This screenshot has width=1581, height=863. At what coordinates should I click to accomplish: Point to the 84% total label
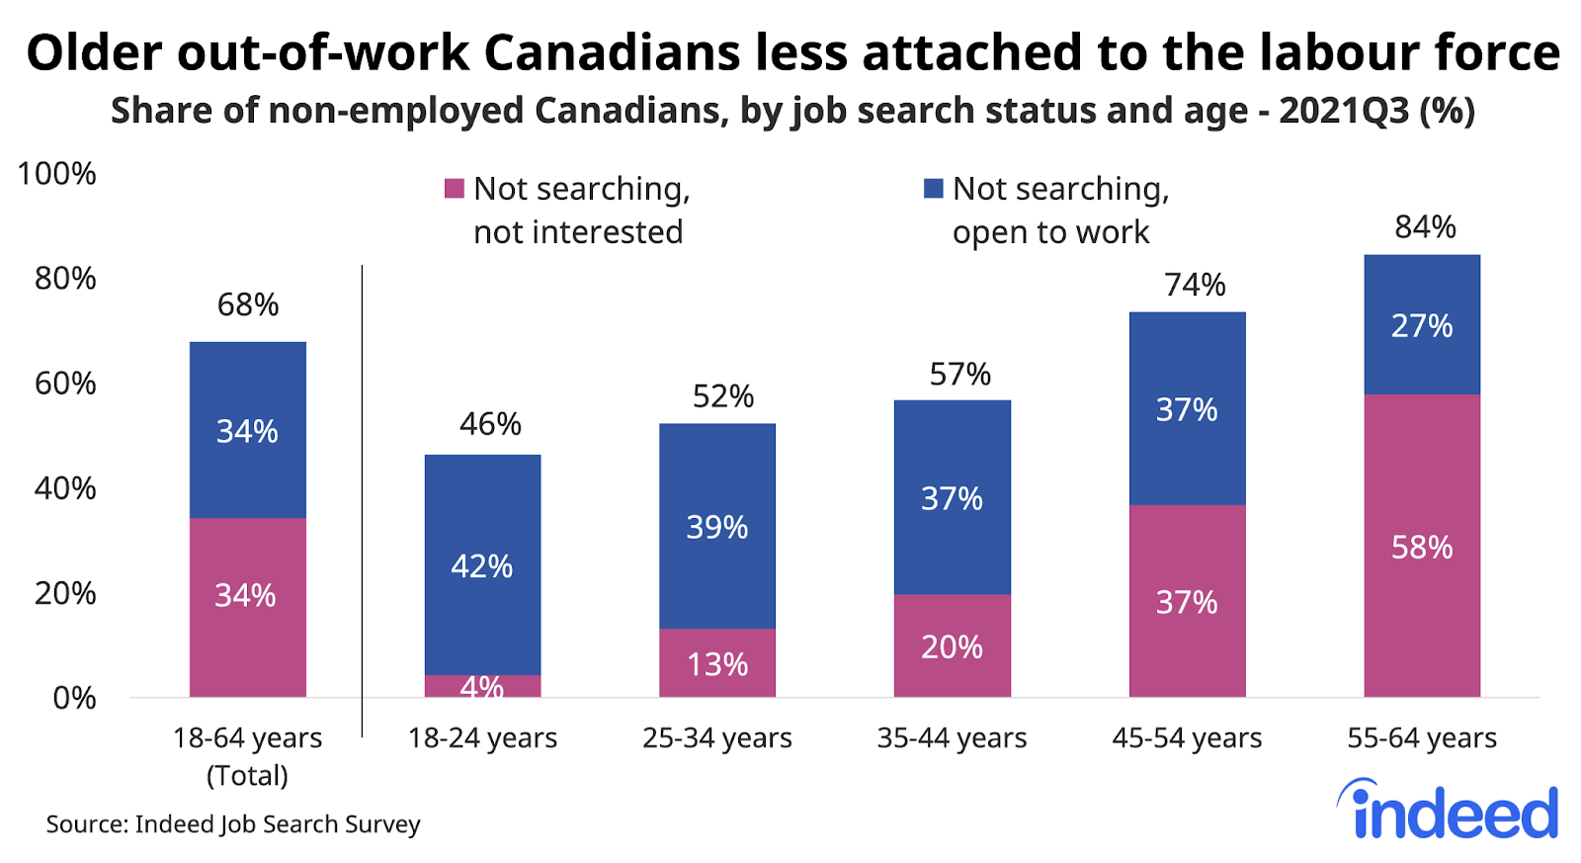tap(1425, 227)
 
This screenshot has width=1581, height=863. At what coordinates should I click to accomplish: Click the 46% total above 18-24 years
tap(490, 424)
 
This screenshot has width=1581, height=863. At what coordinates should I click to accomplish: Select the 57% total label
tap(959, 375)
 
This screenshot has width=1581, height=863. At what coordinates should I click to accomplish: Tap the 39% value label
tap(717, 527)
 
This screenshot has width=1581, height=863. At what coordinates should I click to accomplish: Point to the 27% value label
tap(1422, 325)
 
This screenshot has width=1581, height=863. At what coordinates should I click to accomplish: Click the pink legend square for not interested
tap(455, 188)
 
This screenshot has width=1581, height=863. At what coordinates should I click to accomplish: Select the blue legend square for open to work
tap(933, 188)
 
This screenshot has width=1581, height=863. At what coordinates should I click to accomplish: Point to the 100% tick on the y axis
tap(57, 174)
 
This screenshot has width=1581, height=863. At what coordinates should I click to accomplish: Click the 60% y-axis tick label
tap(65, 384)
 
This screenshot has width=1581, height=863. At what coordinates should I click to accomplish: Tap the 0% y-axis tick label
tap(74, 699)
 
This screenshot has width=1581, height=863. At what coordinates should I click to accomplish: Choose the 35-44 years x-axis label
tap(952, 738)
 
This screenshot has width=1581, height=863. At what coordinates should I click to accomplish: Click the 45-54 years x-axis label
tap(1187, 738)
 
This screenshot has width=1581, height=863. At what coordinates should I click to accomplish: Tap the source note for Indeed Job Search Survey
tap(233, 824)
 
